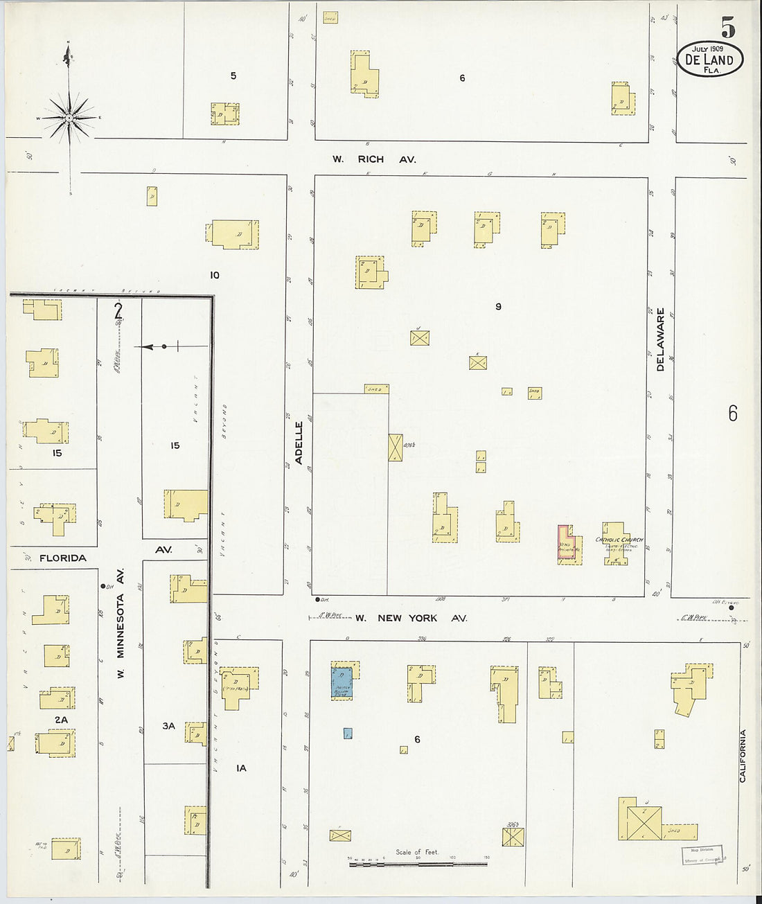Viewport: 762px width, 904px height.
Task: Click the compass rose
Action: point(69,118)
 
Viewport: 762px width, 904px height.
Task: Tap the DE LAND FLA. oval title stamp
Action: point(709,60)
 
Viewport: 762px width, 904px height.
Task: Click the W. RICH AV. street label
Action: point(374,159)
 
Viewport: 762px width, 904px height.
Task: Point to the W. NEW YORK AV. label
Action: point(411,618)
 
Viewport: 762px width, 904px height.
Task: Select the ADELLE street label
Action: point(299,447)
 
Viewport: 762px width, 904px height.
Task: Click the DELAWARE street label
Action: point(660,339)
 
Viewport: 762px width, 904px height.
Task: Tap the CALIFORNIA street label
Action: point(742,756)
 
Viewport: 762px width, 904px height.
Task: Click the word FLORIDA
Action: point(63,558)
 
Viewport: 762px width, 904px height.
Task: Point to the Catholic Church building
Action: point(617,544)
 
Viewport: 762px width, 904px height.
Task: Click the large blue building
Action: point(342,681)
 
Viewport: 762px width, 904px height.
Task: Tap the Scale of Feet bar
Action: point(418,863)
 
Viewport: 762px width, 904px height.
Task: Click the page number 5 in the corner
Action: point(727,28)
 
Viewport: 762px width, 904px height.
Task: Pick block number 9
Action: point(498,306)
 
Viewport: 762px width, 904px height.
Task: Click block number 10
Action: point(215,275)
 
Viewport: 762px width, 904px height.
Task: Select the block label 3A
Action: point(168,726)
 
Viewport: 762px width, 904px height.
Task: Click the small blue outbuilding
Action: point(348,733)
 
